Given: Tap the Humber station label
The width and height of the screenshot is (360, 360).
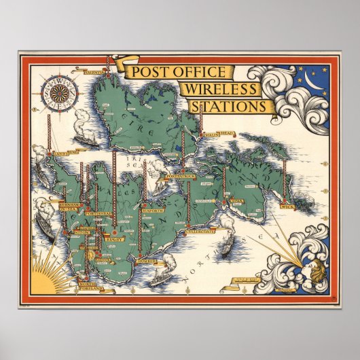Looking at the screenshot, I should click(146, 261).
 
